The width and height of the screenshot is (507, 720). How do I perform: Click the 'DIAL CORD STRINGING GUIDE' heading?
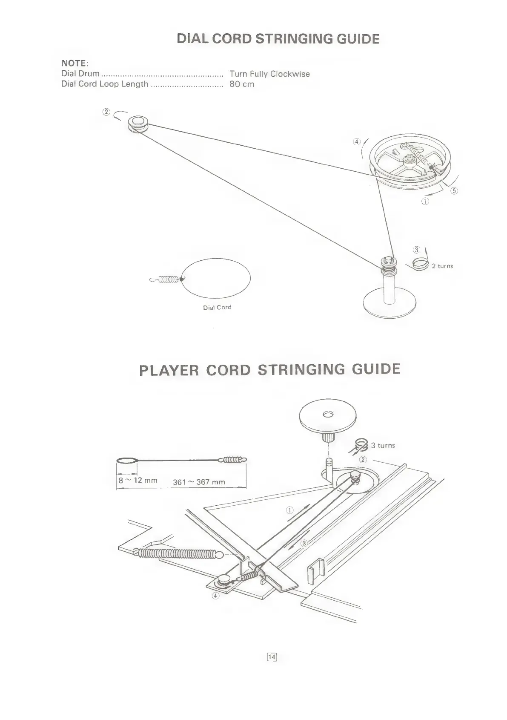pos(278,39)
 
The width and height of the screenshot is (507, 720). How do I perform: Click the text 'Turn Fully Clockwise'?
pos(269,74)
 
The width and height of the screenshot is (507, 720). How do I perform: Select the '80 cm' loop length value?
pos(242,84)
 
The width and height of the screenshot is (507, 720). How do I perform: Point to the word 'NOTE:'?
pos(74,63)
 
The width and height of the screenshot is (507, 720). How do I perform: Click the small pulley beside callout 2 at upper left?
pos(138,123)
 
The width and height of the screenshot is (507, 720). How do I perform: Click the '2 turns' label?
pos(442,266)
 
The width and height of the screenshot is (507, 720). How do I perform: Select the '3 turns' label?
pos(383,445)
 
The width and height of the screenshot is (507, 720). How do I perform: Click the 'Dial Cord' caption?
pos(217,307)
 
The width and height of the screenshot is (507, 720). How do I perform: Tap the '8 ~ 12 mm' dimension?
pos(138,480)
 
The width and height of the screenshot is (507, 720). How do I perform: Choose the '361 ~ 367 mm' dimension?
pos(199,482)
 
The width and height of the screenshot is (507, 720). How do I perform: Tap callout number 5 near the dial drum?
pos(454,190)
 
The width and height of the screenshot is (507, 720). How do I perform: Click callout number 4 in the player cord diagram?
pos(216,596)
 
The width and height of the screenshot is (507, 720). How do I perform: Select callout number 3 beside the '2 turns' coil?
pos(417,250)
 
